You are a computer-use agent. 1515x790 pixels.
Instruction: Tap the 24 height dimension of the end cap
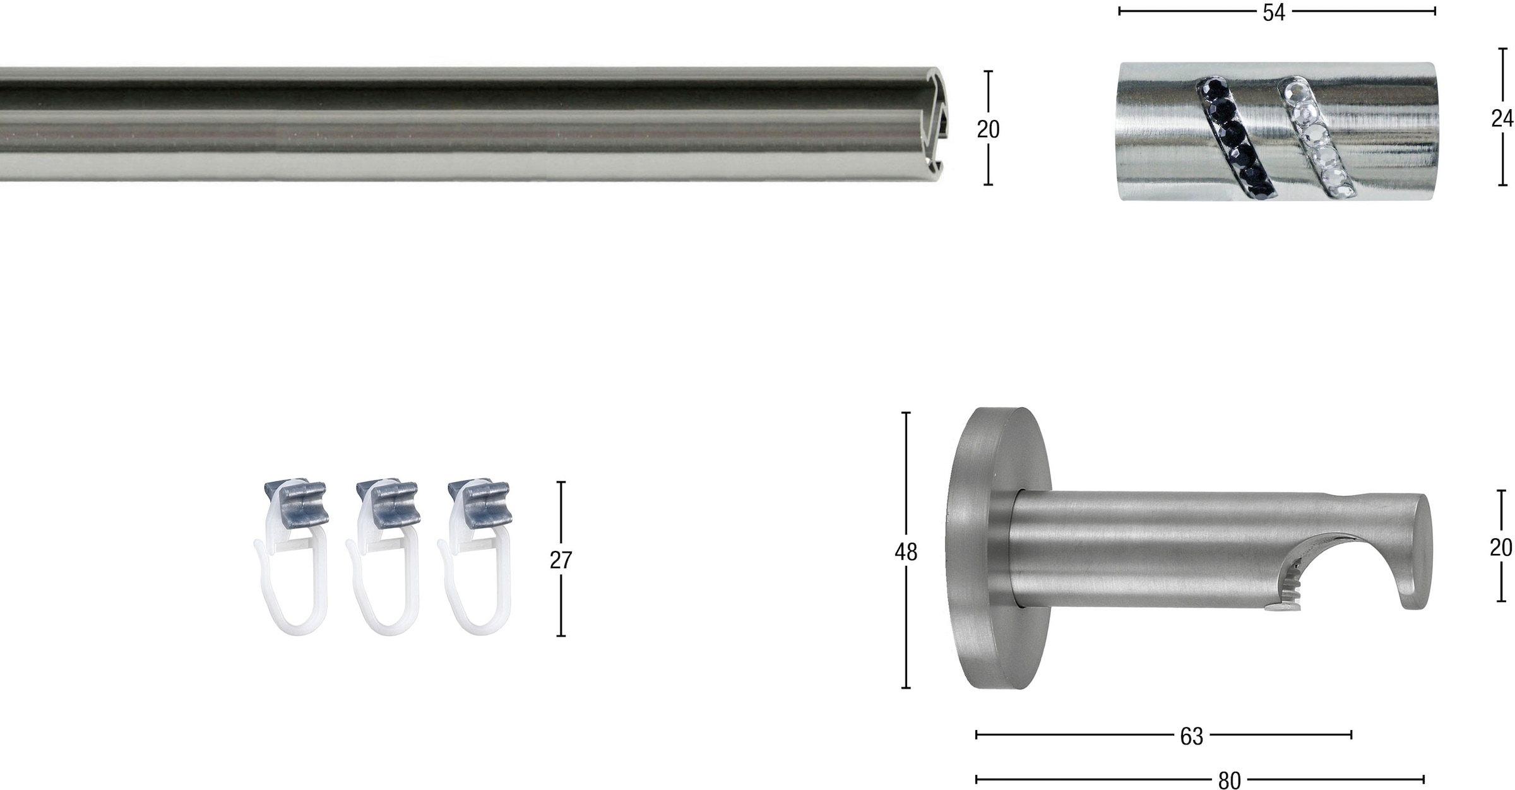tap(1502, 118)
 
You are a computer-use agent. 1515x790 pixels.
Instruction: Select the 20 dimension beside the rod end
tap(988, 129)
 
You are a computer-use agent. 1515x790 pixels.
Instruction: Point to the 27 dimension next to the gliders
tap(561, 560)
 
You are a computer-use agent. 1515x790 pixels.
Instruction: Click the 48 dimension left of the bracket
tap(906, 552)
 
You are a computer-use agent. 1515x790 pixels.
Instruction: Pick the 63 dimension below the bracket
tap(1192, 736)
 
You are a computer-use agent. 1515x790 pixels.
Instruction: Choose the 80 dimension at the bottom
tap(1230, 781)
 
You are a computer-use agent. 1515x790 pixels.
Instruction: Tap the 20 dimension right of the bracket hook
tap(1501, 547)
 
